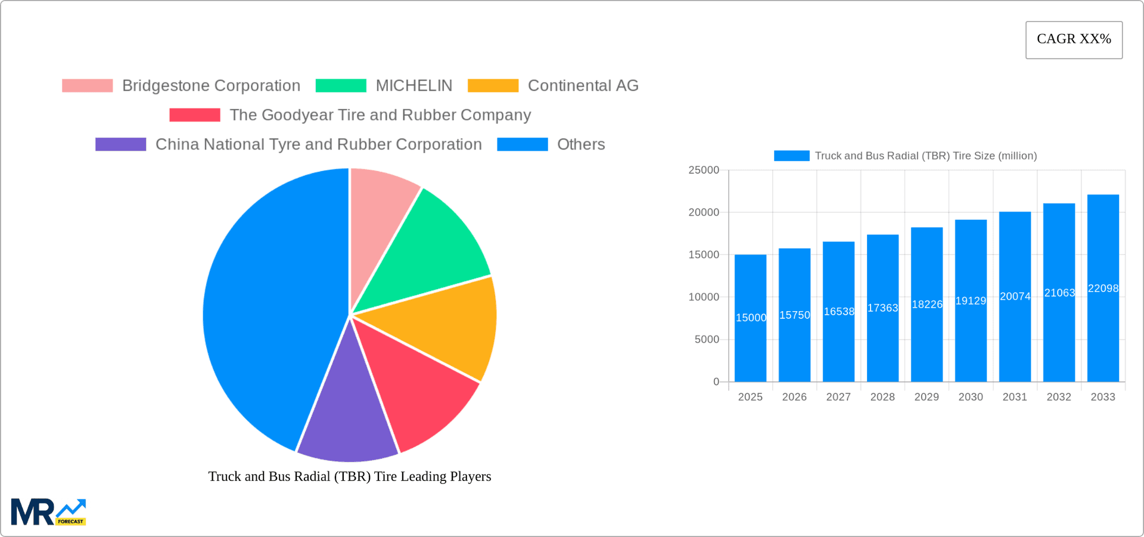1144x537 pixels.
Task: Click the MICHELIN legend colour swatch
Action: point(341,86)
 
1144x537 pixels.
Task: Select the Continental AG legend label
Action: point(583,86)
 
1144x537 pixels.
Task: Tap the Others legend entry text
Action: point(580,145)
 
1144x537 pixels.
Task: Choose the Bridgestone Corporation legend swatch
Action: point(88,86)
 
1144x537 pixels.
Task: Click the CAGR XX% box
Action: point(1074,40)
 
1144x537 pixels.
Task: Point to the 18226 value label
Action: point(927,305)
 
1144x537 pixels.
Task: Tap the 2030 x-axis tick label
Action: point(971,397)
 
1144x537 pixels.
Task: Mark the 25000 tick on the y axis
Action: point(704,170)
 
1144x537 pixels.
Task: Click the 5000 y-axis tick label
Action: point(707,340)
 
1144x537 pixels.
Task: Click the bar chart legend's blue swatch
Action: point(791,156)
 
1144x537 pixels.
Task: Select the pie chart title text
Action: point(350,477)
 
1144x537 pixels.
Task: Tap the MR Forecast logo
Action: point(48,513)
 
